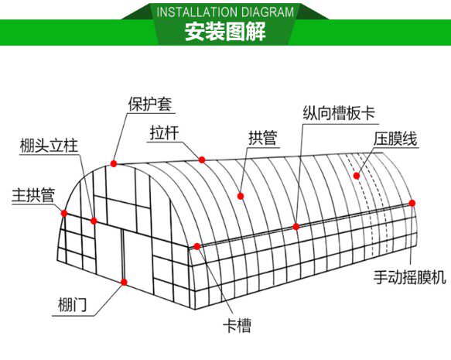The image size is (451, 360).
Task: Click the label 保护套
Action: click(x=150, y=105)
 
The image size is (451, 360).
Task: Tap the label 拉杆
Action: click(x=164, y=133)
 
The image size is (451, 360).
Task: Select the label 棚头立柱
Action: click(x=49, y=146)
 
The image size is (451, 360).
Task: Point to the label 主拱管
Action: click(x=33, y=195)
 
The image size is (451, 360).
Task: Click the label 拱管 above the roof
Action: click(x=262, y=138)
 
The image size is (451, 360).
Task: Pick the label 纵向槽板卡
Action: click(x=339, y=113)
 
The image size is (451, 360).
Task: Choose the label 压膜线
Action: click(x=395, y=139)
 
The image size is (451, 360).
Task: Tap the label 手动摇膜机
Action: click(x=409, y=277)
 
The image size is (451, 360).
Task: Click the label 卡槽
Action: click(x=237, y=325)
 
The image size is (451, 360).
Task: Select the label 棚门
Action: click(x=72, y=304)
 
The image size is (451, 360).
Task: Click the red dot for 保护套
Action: click(x=114, y=163)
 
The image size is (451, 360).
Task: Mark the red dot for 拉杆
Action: click(x=202, y=159)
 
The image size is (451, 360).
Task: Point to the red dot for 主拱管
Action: click(x=64, y=213)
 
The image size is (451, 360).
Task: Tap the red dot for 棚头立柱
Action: click(x=94, y=221)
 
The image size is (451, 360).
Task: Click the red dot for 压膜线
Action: click(x=357, y=176)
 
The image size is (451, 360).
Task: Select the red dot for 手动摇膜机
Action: click(x=412, y=203)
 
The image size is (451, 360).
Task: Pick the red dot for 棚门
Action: click(x=124, y=282)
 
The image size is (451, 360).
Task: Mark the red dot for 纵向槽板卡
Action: click(x=296, y=227)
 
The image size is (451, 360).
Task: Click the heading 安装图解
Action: click(x=225, y=32)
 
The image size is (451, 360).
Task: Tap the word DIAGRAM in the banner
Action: click(x=268, y=12)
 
